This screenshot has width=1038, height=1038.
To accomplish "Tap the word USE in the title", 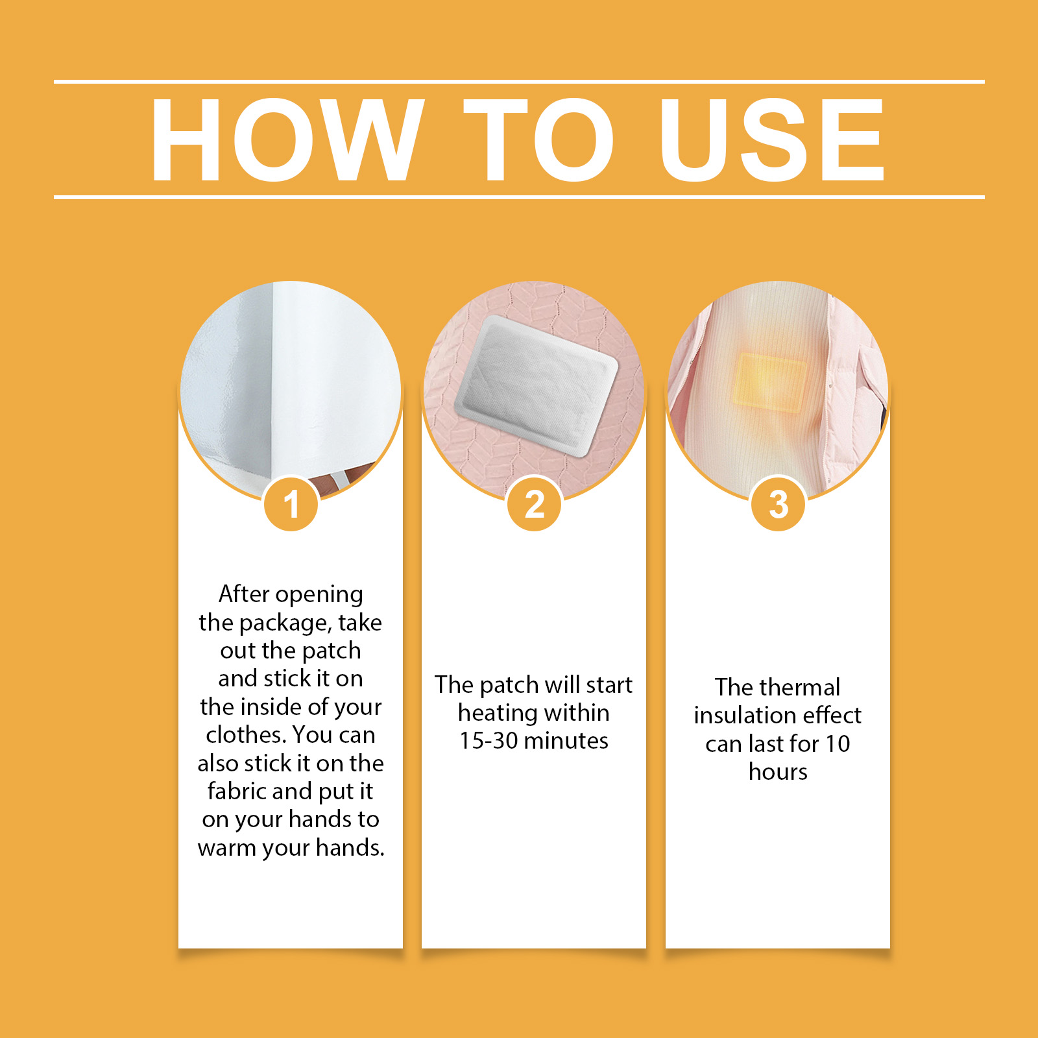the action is (772, 139).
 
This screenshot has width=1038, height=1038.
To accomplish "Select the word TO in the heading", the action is (538, 139).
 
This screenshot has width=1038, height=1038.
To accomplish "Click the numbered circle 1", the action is (291, 504).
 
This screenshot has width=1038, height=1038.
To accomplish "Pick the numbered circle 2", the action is (535, 504).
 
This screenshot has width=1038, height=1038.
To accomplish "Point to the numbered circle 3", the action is (778, 504).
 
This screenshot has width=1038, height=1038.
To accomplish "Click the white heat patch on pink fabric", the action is (536, 386).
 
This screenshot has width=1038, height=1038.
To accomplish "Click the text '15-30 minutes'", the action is (534, 741).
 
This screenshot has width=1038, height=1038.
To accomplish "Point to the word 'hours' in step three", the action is (778, 772).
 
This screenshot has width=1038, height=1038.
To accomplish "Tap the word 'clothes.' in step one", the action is (246, 735).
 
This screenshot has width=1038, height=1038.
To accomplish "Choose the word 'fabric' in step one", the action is (236, 791).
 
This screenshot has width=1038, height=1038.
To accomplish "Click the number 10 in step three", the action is (838, 744).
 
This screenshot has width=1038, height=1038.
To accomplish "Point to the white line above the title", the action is (519, 82).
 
